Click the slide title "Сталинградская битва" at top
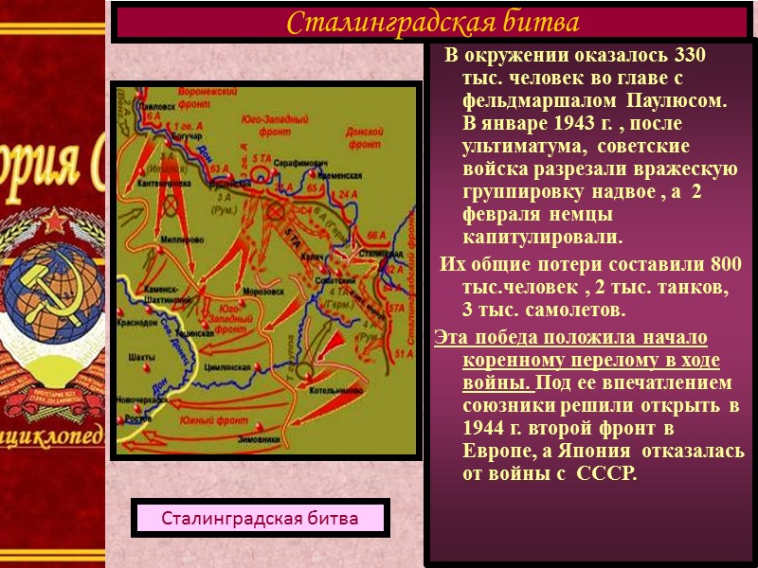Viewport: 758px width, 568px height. tap(433, 21)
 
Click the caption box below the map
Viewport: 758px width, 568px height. tap(261, 519)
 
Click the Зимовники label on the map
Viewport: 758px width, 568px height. tap(326, 442)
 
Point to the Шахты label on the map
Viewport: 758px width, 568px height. tap(141, 357)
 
